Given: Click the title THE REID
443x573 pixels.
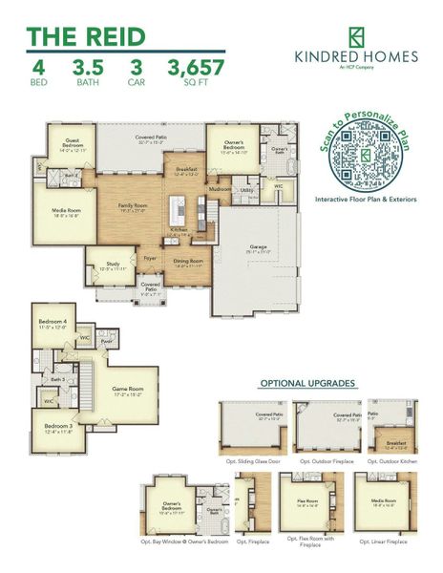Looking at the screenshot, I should click(x=87, y=36).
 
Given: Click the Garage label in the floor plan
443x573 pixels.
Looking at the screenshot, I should click(x=258, y=246).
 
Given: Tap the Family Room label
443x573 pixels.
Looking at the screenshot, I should click(x=133, y=207).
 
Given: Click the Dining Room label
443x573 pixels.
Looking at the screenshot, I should click(x=188, y=263).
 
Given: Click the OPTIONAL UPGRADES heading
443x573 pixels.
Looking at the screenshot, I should click(x=307, y=384).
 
